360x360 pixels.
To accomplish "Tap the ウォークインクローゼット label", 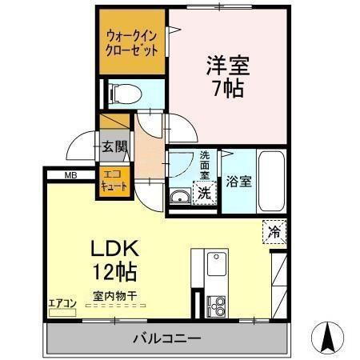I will coord(132,42).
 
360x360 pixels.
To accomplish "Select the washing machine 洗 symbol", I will coord(205,192).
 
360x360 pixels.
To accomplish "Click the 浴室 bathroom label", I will coord(238,182).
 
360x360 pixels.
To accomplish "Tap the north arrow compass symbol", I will coord(328,336).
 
